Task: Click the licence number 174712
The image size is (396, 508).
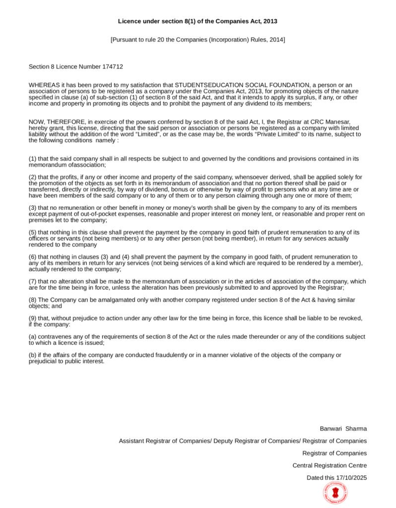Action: point(113,66)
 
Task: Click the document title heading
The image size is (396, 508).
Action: point(198,21)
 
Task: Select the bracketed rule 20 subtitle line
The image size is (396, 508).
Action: point(198,40)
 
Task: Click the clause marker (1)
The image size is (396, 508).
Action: point(33,159)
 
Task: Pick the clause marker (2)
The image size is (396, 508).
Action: point(33,177)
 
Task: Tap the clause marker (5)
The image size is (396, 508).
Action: point(33,232)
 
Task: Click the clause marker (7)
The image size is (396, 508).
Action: point(33,281)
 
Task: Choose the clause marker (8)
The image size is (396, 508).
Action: point(33,300)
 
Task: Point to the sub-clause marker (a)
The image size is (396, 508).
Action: point(33,337)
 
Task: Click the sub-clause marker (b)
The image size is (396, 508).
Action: point(33,355)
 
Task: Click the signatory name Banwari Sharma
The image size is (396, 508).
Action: point(343,429)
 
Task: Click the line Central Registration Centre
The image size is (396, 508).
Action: point(330,465)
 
